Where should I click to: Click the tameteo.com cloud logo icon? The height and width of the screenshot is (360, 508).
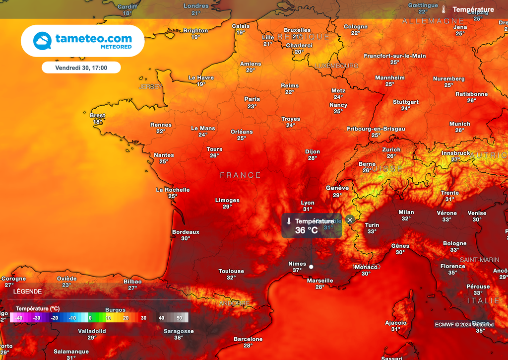click(x=43, y=41)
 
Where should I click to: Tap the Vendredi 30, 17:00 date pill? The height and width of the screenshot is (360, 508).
click(x=81, y=68)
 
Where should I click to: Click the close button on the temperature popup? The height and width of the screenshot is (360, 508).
click(x=350, y=219)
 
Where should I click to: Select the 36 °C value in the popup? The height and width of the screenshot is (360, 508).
click(x=306, y=230)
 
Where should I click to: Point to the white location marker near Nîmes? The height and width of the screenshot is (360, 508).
click(x=311, y=267)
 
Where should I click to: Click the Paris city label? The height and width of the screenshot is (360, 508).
click(x=252, y=99)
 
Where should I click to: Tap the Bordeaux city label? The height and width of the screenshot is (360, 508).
click(x=186, y=232)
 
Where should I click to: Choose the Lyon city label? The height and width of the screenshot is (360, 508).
click(x=308, y=203)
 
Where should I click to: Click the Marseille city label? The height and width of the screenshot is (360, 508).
click(x=320, y=281)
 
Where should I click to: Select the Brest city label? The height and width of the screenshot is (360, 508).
click(x=98, y=116)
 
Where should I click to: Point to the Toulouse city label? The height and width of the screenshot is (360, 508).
click(x=231, y=271)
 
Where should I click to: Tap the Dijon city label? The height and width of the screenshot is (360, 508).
click(x=313, y=152)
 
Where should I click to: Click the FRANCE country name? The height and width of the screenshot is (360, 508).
click(x=241, y=175)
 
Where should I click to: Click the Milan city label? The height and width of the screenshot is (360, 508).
click(x=406, y=213)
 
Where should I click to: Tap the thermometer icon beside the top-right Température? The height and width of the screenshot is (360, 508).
click(x=444, y=9)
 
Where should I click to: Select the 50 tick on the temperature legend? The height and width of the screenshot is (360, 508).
click(x=179, y=318)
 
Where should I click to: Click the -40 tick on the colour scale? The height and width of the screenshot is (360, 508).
click(x=19, y=318)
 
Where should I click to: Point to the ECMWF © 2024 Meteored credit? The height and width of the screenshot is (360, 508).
click(x=464, y=325)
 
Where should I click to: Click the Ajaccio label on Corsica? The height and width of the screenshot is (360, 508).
click(x=396, y=323)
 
